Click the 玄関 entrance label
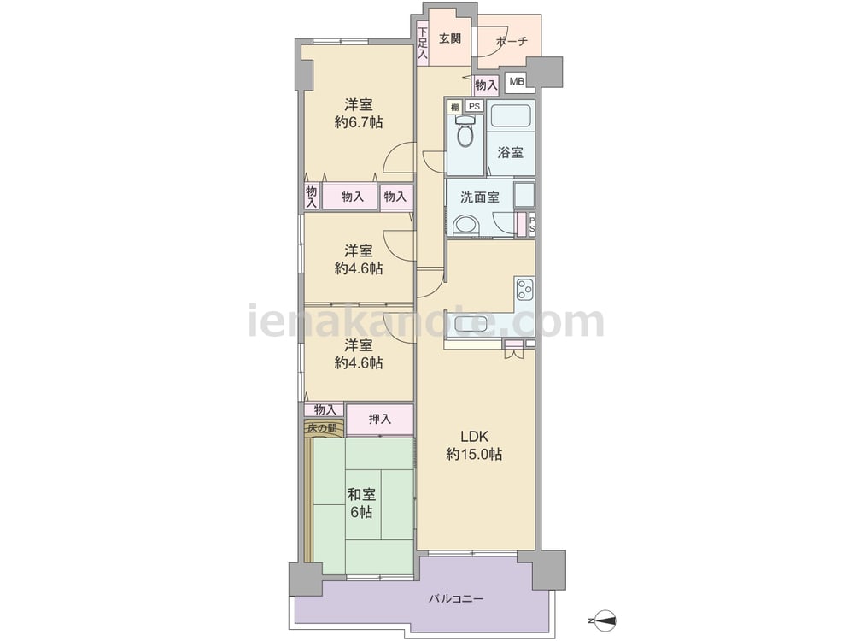[450, 38]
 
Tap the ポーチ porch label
[512, 41]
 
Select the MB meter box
[517, 82]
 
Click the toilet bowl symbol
[465, 132]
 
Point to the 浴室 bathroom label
[511, 153]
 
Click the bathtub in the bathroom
[511, 116]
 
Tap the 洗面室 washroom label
[480, 197]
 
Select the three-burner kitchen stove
[525, 288]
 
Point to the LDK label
[474, 437]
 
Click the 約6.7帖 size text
[359, 122]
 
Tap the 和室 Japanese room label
[361, 495]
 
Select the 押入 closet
[380, 420]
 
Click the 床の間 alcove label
[323, 428]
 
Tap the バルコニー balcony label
[455, 599]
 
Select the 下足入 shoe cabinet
[423, 44]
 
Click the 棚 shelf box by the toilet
[455, 107]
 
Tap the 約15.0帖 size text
[474, 454]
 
